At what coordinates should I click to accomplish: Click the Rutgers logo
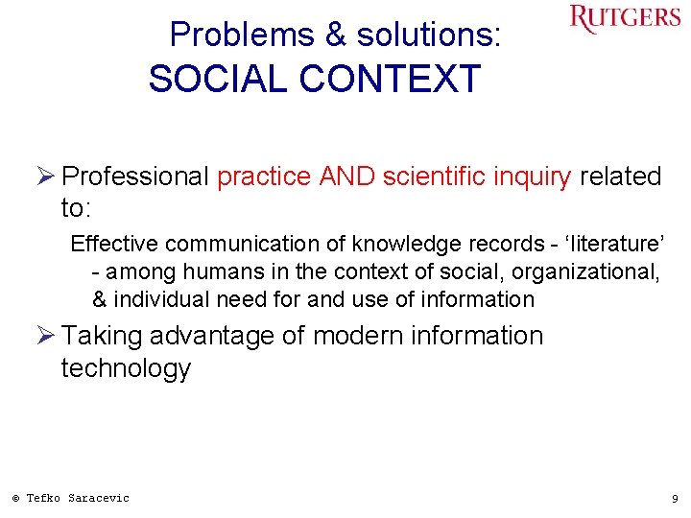[625, 19]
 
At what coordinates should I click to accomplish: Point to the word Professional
[134, 177]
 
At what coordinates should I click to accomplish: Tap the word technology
[126, 368]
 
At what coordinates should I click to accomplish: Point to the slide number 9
[674, 499]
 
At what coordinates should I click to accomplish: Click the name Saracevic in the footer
[98, 498]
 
